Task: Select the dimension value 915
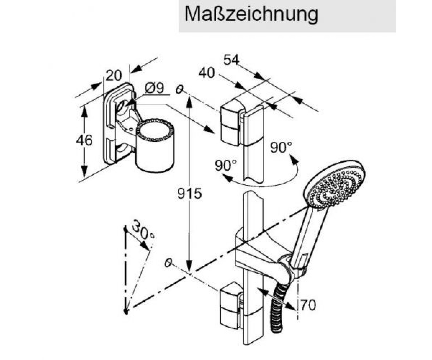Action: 189,194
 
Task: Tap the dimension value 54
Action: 231,60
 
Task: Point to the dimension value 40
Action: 207,73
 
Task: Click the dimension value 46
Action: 84,140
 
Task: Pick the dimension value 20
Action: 113,76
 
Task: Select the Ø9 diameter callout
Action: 154,88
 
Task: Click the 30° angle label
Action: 143,229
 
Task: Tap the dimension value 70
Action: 308,305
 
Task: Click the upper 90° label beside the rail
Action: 281,147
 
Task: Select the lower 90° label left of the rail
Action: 225,166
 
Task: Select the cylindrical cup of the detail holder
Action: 154,145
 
